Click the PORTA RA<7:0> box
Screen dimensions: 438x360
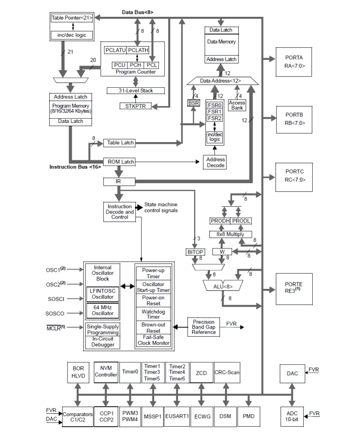(x=294, y=61)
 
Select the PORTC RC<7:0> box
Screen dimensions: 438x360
(x=294, y=176)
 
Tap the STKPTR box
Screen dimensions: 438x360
(x=136, y=106)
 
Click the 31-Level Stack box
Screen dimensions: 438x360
(x=136, y=91)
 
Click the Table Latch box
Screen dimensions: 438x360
(x=120, y=143)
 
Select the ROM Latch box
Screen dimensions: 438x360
(x=120, y=162)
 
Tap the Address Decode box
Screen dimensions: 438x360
(x=215, y=162)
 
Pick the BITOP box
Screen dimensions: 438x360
(x=195, y=252)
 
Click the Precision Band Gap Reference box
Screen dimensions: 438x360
(x=203, y=327)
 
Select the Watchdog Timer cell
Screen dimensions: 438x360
(x=153, y=314)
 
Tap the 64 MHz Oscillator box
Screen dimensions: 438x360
(x=102, y=310)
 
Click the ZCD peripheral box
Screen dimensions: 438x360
(x=201, y=373)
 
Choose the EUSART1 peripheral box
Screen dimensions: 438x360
(x=177, y=415)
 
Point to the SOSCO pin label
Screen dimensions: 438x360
(x=55, y=313)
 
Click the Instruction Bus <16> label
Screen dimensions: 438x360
(x=75, y=166)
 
